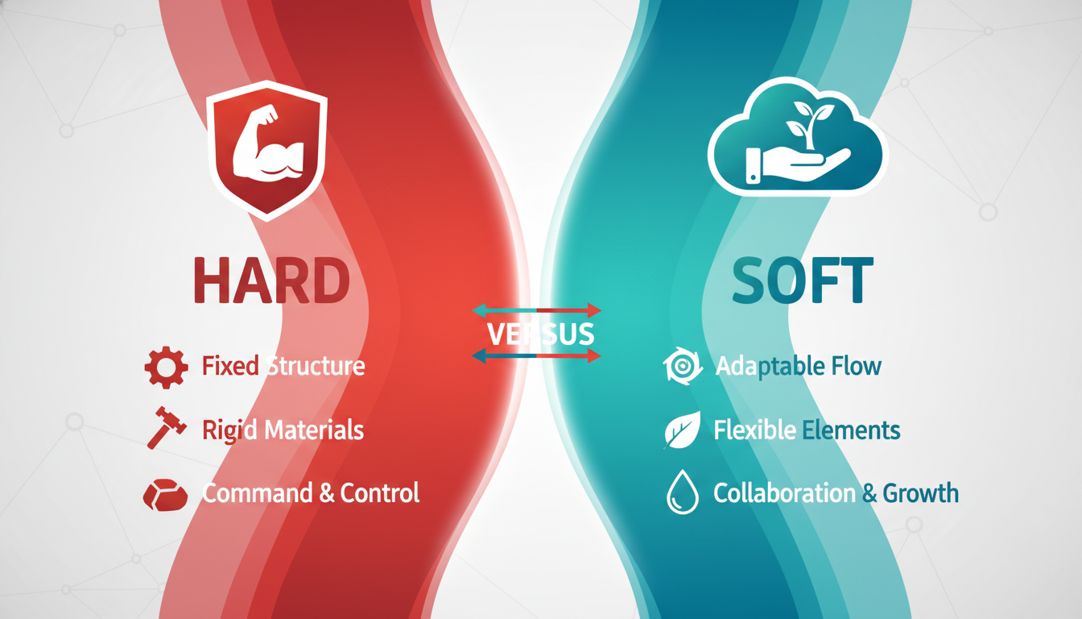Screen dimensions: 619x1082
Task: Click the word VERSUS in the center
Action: [541, 334]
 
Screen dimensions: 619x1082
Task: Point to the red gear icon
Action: [165, 368]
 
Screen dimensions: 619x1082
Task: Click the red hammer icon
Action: [167, 427]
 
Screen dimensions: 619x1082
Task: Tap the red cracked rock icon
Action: [165, 493]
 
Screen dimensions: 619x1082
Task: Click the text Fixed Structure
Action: [283, 367]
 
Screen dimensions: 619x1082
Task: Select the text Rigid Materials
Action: [283, 430]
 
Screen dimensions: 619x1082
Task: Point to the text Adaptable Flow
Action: [798, 367]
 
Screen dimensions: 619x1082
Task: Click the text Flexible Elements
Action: [807, 430]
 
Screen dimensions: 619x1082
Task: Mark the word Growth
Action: [920, 492]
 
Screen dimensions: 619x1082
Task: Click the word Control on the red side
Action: [380, 492]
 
